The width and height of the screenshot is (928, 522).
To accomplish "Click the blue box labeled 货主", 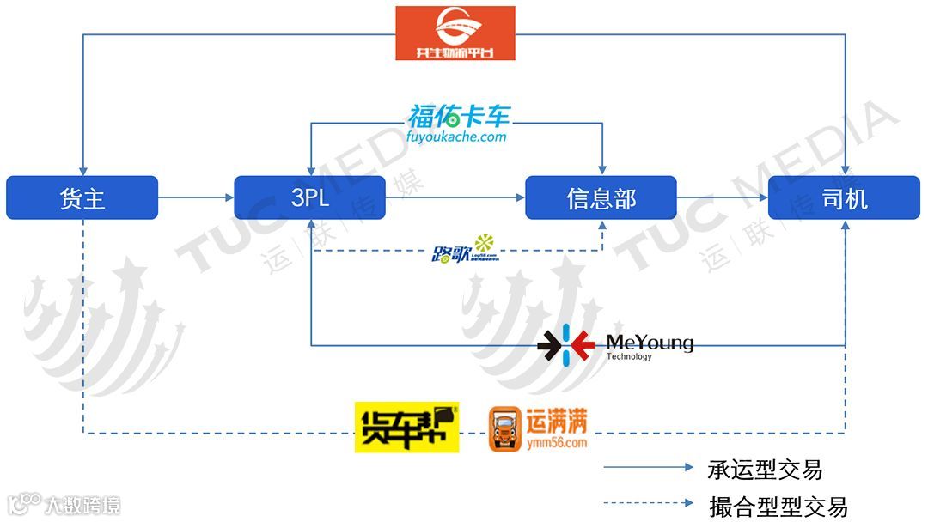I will click(82, 198).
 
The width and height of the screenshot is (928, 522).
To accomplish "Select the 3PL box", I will click(309, 198).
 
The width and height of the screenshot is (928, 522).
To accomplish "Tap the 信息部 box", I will click(601, 198).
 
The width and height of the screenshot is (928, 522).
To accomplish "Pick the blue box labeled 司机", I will click(844, 198).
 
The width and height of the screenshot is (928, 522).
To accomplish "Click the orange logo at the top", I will click(455, 33).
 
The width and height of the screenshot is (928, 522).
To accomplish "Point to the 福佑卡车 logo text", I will click(458, 116).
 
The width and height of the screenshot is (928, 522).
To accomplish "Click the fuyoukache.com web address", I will click(457, 137).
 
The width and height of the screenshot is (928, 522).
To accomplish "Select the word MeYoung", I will click(650, 343).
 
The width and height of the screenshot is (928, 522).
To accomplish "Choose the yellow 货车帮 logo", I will click(406, 427).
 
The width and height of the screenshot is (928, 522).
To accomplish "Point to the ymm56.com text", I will click(559, 443).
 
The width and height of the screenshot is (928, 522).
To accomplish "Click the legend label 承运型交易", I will click(765, 470).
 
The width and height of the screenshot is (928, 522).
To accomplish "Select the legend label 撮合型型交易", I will click(778, 506).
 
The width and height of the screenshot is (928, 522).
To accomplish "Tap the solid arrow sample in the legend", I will click(649, 468).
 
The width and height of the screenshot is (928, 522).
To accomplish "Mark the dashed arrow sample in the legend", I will click(649, 504).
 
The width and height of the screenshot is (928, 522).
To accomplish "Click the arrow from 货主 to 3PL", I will click(196, 198).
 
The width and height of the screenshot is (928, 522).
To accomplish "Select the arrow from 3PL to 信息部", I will click(455, 198).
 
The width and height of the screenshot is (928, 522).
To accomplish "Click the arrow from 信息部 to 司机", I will click(722, 198).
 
